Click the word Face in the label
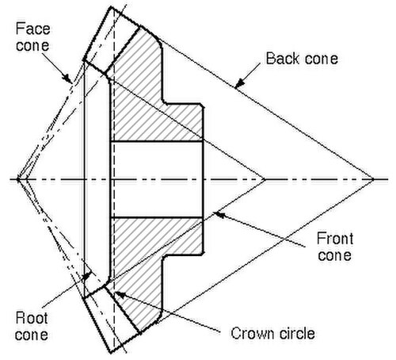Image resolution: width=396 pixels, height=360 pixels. [x=32, y=29]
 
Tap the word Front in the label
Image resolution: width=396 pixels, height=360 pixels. [x=335, y=239]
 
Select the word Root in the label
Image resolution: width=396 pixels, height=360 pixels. [x=32, y=318]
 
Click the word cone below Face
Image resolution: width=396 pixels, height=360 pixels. [x=32, y=46]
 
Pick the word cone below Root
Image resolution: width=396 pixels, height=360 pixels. [x=32, y=335]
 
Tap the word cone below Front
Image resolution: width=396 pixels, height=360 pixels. [x=334, y=255]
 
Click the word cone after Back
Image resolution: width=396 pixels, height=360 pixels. [x=321, y=59]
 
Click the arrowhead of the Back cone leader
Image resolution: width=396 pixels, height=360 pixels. [x=239, y=83]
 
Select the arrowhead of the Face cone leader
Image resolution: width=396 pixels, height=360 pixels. [x=67, y=78]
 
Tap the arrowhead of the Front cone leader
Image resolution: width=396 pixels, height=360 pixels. [x=219, y=214]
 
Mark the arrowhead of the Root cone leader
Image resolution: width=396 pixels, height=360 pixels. [x=87, y=276]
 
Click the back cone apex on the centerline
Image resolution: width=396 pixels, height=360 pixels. [x=373, y=179]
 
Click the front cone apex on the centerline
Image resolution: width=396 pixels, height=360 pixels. [x=264, y=179]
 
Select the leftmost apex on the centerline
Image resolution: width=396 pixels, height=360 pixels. [x=18, y=179]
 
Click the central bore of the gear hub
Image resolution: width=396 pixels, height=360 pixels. [x=157, y=179]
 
